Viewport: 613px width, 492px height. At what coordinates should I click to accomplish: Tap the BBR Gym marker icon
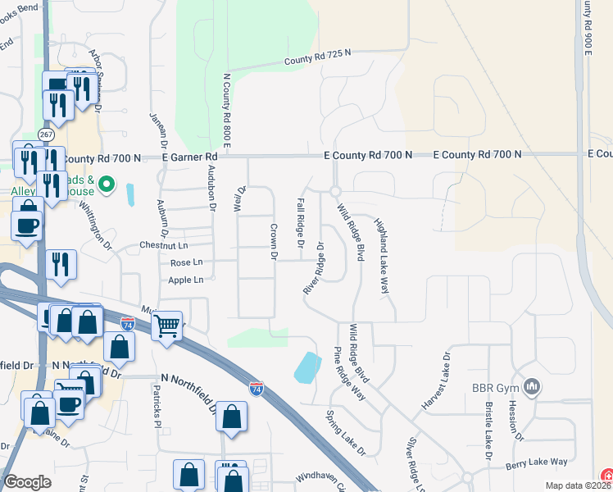coord(532,385)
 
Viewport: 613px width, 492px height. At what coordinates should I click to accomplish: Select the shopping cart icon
coord(166,326)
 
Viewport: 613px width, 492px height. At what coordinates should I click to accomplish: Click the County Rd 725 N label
coord(317,57)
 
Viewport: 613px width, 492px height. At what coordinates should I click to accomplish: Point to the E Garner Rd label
coord(189,156)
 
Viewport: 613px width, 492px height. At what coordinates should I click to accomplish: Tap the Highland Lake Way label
coord(380,257)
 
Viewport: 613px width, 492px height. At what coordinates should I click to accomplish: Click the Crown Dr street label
coord(275,242)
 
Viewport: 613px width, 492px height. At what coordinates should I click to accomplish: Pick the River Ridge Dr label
coord(314,268)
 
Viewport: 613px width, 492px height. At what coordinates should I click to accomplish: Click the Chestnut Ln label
coord(164,245)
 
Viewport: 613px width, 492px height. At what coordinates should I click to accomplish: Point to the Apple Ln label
coord(186,280)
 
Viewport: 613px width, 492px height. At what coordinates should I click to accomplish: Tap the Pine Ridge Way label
coord(349,372)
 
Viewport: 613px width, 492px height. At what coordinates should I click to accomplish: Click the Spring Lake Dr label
coord(345,433)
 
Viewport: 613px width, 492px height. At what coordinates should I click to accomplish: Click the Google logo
coord(27,482)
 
